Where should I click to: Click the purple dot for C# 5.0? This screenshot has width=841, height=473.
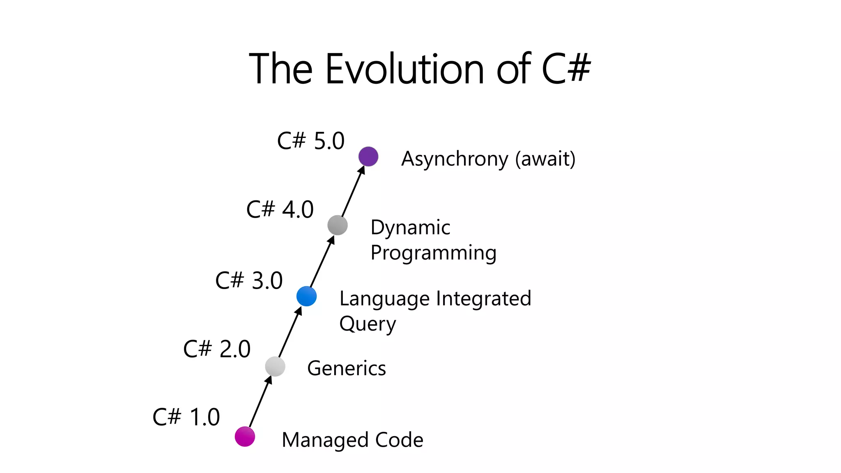tap(368, 156)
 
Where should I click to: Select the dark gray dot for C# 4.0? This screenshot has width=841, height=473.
tap(338, 225)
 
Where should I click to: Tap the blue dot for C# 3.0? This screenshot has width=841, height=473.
tap(306, 296)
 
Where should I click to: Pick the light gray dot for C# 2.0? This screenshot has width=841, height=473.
tap(275, 366)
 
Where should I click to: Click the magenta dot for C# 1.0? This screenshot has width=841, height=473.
tap(245, 436)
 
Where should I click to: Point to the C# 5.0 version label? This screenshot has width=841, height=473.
tap(310, 141)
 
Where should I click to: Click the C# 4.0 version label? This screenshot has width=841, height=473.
tap(280, 209)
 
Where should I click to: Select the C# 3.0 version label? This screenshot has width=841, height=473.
tap(249, 281)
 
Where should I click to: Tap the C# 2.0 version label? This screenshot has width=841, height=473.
tap(217, 349)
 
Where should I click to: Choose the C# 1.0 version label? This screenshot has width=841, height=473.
tap(186, 417)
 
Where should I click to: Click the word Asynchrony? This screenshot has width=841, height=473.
tap(455, 159)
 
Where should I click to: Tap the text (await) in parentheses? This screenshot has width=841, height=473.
tap(545, 159)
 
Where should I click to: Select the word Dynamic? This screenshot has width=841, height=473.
tap(410, 227)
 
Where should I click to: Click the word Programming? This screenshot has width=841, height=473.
tap(433, 253)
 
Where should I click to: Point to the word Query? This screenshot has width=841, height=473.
tap(368, 324)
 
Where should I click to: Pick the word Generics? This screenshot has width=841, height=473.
tap(347, 368)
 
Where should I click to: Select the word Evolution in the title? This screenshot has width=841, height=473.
tap(404, 69)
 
